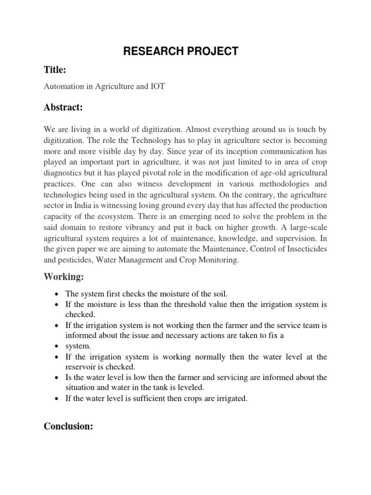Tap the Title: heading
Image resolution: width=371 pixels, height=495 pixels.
point(55,71)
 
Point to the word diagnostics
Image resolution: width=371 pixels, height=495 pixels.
point(64,173)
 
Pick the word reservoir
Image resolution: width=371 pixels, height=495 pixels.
point(81,366)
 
